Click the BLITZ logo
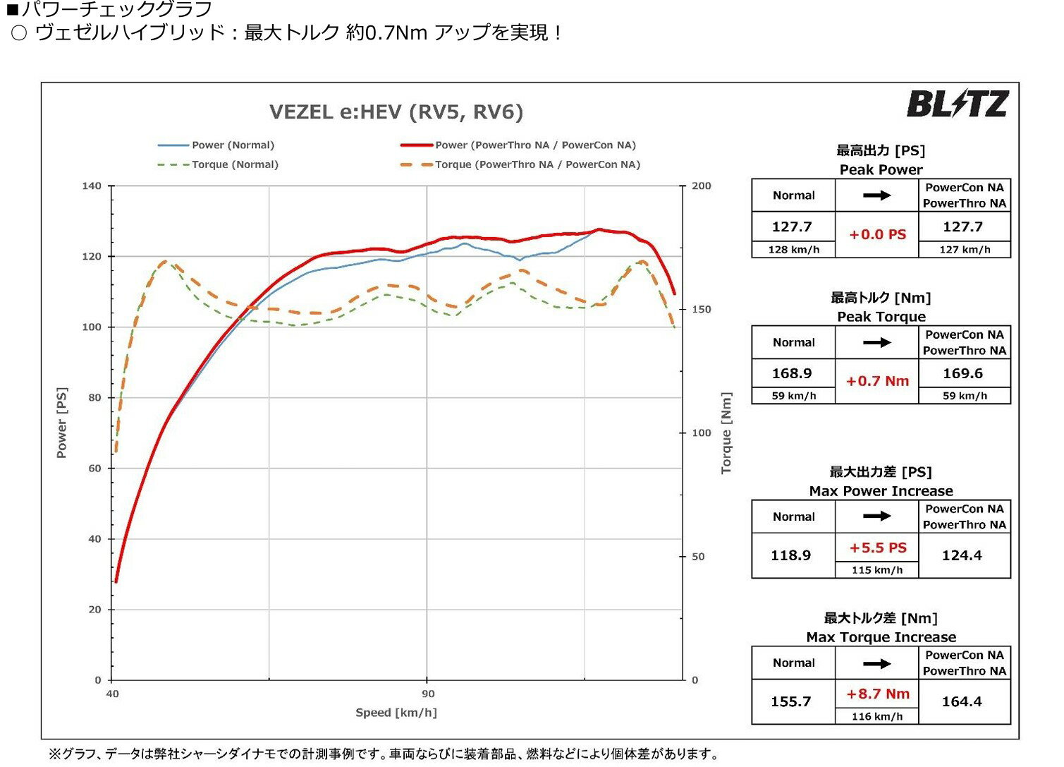point(957,104)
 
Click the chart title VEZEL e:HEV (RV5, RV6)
point(396,112)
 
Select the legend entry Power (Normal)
point(233,145)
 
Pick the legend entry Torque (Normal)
point(235,164)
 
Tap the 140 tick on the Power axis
point(92,186)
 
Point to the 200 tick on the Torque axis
point(701,186)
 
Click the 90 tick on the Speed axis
point(427,694)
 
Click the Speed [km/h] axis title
point(396,713)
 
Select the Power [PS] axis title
point(62,423)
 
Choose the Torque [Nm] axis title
point(726,433)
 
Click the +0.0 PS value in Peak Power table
point(877,234)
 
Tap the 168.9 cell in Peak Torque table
point(792,373)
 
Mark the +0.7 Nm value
point(877,381)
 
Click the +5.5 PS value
point(877,548)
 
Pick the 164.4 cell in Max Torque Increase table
point(962,701)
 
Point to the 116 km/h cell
point(876,716)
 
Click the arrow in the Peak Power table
point(876,195)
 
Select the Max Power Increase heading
point(881,491)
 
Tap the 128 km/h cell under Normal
point(793,249)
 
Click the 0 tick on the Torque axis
point(695,680)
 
